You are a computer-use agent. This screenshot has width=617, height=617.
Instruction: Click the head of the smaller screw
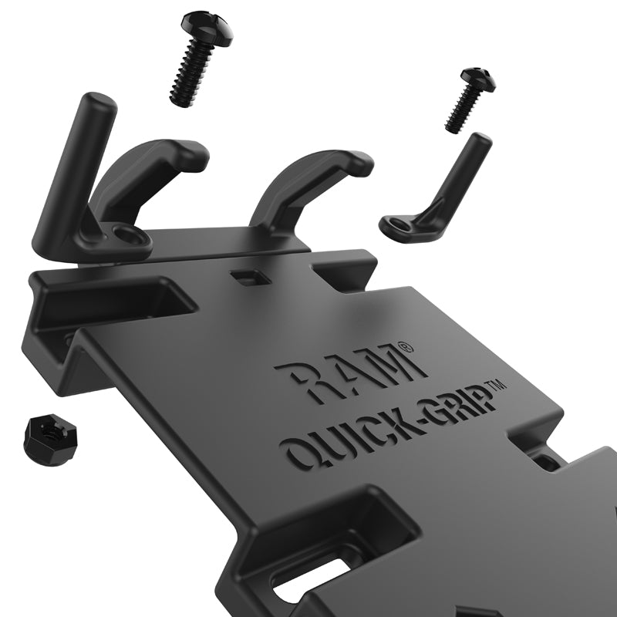coord(477,79)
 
